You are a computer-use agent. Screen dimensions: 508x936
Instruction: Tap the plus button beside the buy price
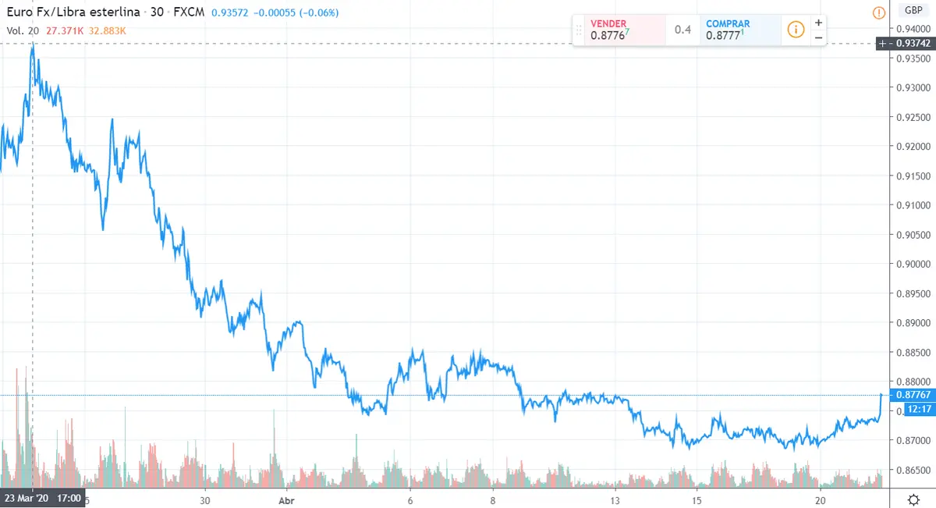(818, 23)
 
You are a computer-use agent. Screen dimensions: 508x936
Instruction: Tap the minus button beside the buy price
(818, 37)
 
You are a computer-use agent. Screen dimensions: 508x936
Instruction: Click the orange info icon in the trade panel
(796, 30)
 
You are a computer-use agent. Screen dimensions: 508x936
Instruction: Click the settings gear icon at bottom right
(913, 499)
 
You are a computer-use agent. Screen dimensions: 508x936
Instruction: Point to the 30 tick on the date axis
(205, 500)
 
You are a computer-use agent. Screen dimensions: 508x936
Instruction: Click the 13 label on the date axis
(615, 500)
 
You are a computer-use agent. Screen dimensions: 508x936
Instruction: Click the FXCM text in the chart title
(189, 13)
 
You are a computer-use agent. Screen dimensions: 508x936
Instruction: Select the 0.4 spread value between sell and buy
(682, 30)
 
